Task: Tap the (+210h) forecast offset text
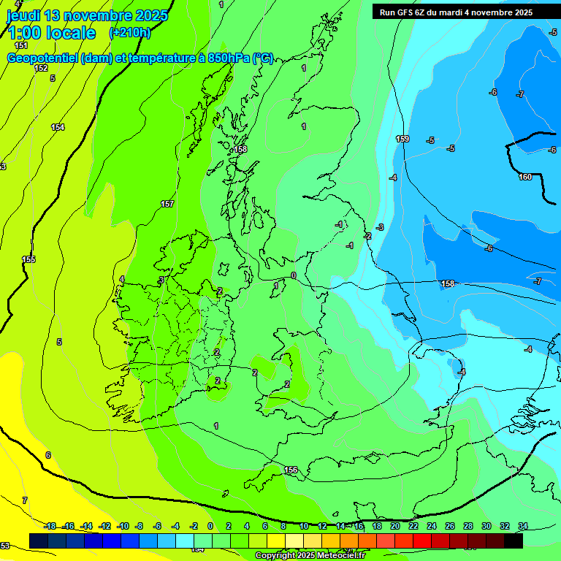click(x=130, y=32)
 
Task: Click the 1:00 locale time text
click(x=51, y=33)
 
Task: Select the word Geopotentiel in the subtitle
click(x=43, y=58)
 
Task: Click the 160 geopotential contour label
click(x=525, y=177)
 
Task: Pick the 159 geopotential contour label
click(x=402, y=139)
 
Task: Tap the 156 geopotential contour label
click(x=291, y=470)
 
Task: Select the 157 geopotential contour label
click(x=167, y=204)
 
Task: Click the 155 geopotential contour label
click(x=28, y=259)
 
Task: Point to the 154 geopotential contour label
click(x=58, y=127)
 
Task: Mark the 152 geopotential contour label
click(x=41, y=68)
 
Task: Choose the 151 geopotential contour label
click(x=21, y=45)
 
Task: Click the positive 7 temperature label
click(x=24, y=500)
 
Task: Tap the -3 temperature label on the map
click(x=380, y=228)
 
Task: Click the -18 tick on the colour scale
click(x=50, y=526)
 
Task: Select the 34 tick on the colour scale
click(x=523, y=526)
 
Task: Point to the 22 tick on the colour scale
click(x=413, y=526)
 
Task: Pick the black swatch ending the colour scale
click(x=514, y=541)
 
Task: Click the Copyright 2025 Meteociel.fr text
click(x=310, y=555)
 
